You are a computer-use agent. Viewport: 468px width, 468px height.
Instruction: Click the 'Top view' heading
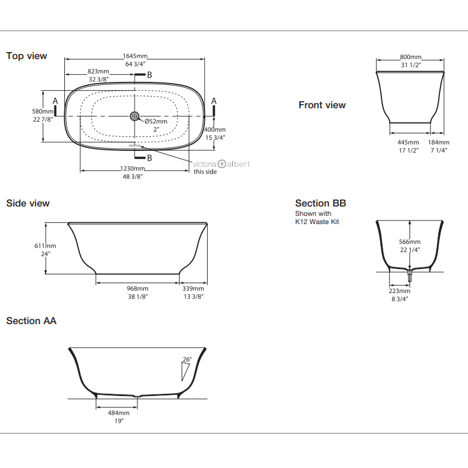tap(26, 56)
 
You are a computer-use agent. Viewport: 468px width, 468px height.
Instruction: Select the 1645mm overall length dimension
tap(135, 56)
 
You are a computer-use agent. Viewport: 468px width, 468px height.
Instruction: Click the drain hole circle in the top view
tap(135, 116)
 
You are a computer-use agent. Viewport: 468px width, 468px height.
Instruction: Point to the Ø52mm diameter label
tap(156, 122)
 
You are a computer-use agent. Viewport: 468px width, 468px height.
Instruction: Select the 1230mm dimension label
tap(133, 169)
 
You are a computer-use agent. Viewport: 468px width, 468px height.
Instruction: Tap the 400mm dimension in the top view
tap(215, 130)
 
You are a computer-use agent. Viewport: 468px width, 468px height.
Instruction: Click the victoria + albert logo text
tap(222, 164)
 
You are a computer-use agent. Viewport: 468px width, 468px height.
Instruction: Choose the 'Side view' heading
tap(27, 204)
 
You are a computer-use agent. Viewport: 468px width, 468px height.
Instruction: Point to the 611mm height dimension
tap(46, 246)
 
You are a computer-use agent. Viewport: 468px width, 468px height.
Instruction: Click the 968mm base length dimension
tap(137, 289)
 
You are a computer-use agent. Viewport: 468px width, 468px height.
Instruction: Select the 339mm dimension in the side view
tap(193, 289)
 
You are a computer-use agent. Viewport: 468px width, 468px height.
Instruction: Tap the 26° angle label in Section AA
tap(187, 360)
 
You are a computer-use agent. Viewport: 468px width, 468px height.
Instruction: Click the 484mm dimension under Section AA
tap(118, 413)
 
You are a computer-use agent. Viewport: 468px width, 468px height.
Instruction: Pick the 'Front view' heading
tap(322, 105)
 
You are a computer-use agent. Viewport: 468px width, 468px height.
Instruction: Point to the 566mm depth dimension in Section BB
tap(410, 242)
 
